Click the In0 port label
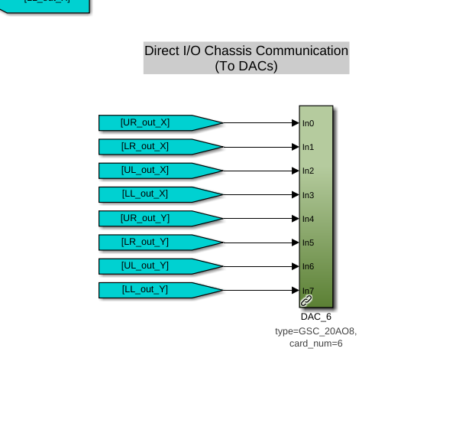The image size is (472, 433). (308, 123)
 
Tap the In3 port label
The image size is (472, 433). (308, 195)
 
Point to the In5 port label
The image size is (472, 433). (308, 243)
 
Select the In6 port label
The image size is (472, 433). (308, 266)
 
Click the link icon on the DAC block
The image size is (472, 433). (306, 301)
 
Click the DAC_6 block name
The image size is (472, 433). (315, 317)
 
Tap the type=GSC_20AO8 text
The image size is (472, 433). (315, 331)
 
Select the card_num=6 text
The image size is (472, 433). (315, 343)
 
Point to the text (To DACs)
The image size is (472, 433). (246, 66)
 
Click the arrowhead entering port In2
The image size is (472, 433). (295, 171)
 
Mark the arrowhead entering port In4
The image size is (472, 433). (295, 219)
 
